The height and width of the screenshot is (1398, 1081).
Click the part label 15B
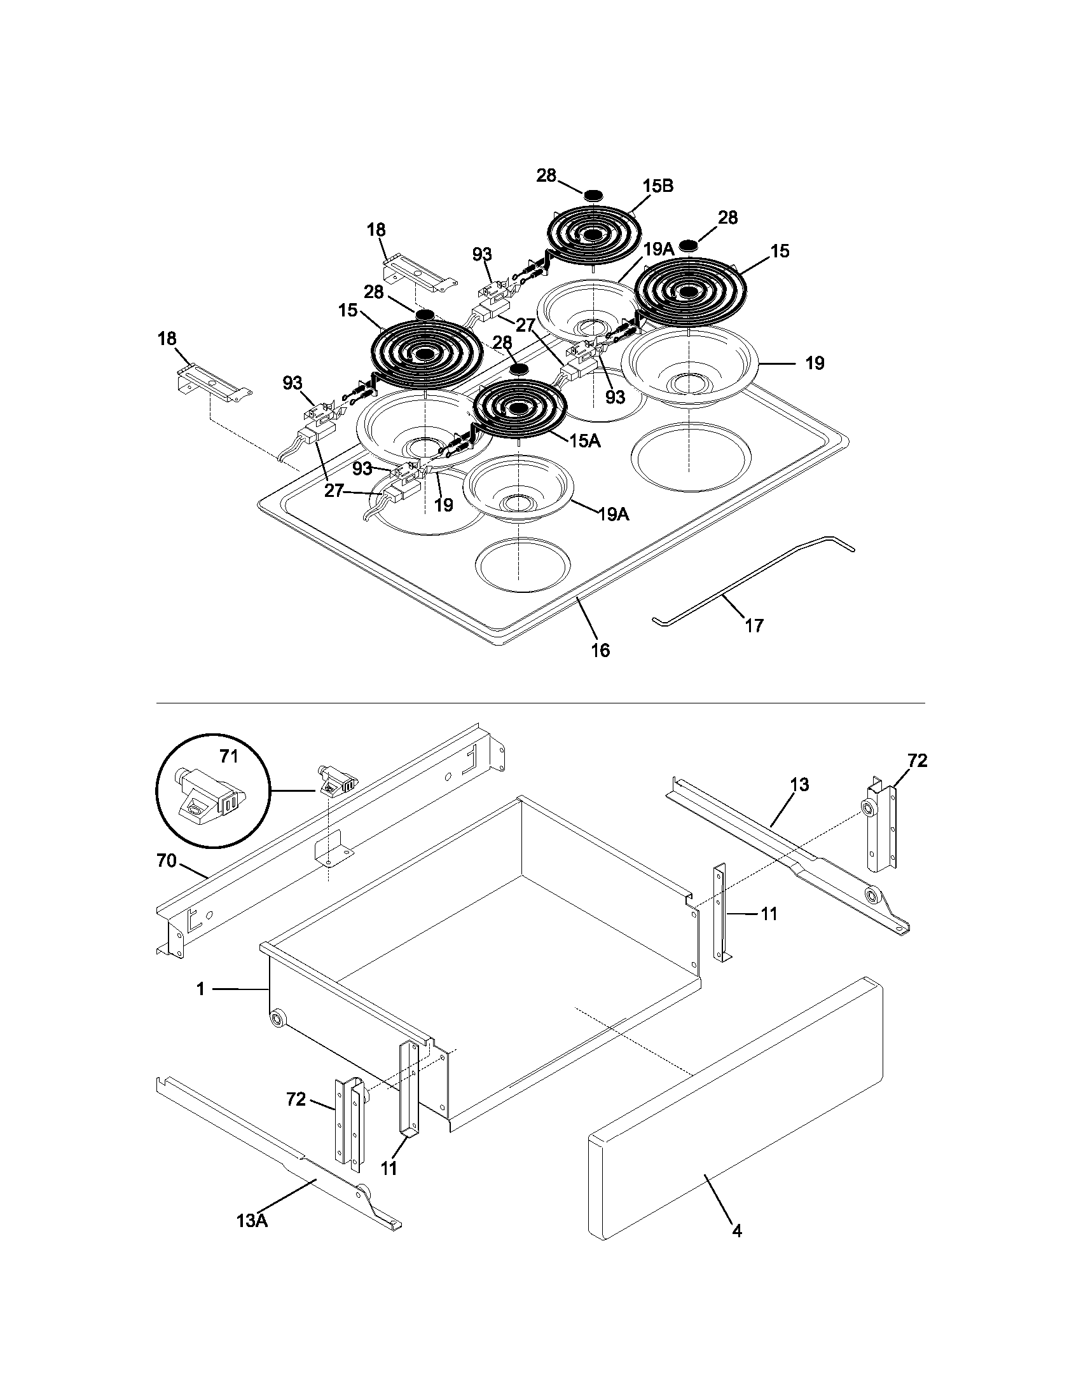[658, 186]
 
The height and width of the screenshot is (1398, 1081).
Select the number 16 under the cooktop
[600, 650]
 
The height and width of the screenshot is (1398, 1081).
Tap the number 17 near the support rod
[754, 625]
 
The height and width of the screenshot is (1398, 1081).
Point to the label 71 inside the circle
[229, 757]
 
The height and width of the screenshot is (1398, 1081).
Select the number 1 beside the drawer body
[200, 989]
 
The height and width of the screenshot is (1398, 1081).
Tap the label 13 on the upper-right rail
[799, 784]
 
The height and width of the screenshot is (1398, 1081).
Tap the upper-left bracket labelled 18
[420, 274]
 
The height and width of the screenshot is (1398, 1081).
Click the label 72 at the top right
[917, 761]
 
